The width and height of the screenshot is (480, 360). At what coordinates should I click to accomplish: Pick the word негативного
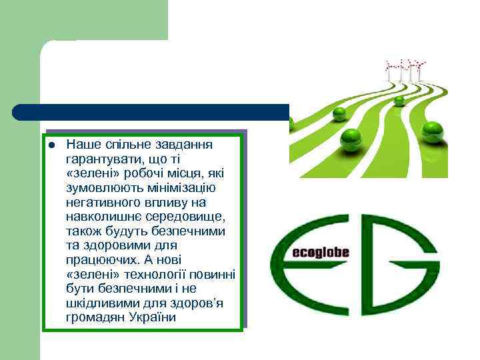[x=101, y=202]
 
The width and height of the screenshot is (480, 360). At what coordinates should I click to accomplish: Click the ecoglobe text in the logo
[x=320, y=253]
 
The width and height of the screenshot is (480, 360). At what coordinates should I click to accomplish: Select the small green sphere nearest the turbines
[x=399, y=101]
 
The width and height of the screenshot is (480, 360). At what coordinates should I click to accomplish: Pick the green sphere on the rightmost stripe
[x=433, y=131]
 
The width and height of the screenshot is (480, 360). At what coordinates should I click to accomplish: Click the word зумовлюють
[x=108, y=187]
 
